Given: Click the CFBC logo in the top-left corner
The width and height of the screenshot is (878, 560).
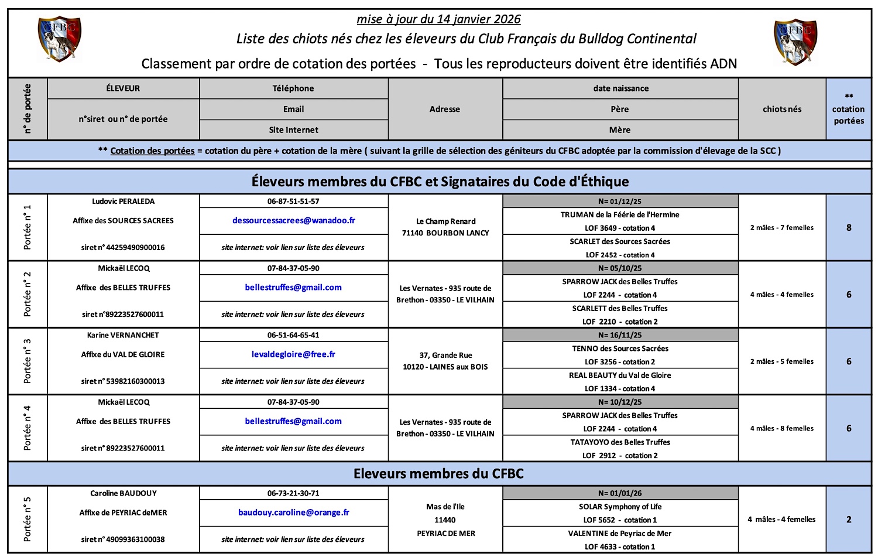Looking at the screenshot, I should point(59,39).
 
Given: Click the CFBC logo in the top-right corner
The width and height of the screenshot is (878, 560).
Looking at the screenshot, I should point(795,42).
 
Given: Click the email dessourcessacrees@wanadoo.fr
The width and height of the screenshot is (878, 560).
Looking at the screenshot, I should point(293,221).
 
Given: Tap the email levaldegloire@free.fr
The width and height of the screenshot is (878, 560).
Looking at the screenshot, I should point(293,354).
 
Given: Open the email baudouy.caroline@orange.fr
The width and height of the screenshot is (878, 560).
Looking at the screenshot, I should point(293,513).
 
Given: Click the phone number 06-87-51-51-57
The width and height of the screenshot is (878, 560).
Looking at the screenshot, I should point(293,201).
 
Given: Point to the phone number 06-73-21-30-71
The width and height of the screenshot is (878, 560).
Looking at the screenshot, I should point(293,493).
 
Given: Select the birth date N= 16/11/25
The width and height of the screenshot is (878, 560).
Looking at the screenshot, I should point(620,335).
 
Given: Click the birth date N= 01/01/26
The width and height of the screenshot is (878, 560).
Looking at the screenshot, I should point(620,493).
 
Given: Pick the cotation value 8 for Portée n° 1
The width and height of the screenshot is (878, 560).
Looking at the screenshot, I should point(849,228).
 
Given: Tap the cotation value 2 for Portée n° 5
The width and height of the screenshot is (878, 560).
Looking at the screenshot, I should point(849,520).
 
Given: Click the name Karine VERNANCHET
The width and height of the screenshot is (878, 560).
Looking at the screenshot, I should point(123,335).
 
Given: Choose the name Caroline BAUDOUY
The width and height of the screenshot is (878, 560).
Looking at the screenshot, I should point(123,493).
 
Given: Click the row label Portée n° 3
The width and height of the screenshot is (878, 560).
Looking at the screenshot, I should point(28,361).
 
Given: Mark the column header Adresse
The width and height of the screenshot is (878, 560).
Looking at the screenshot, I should point(445,109).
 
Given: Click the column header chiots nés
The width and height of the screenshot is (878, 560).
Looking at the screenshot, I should point(782,109).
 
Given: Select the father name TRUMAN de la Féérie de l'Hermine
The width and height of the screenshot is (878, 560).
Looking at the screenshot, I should point(620,215).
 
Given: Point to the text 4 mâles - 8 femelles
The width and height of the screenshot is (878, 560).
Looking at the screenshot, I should point(782,428).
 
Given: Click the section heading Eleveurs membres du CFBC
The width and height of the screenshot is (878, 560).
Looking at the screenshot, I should point(438,474).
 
